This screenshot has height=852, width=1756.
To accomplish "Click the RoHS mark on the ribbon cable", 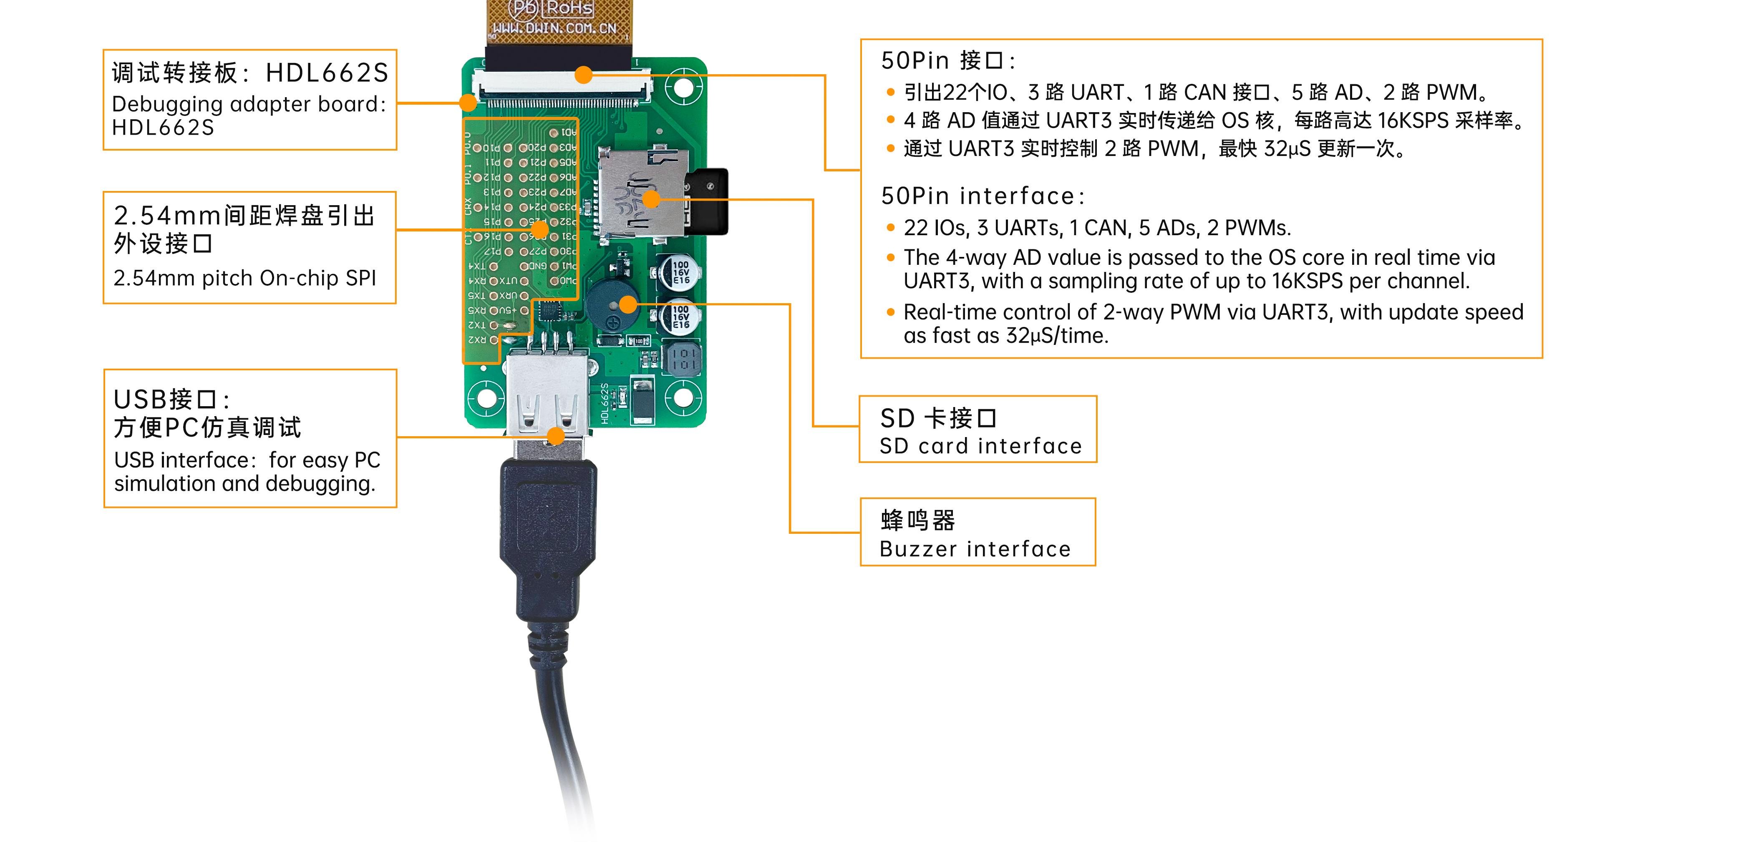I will pos(570,8).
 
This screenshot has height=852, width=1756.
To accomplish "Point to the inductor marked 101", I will pos(682,358).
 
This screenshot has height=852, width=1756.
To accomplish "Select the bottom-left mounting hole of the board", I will pos(485,397).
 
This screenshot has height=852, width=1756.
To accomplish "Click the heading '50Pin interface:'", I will pos(982,196).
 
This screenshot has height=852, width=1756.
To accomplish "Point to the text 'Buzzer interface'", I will pos(975,549).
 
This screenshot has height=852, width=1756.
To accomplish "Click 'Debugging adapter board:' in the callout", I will pos(249,104).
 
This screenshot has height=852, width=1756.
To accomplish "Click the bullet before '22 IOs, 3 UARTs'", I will pos(890,228).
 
